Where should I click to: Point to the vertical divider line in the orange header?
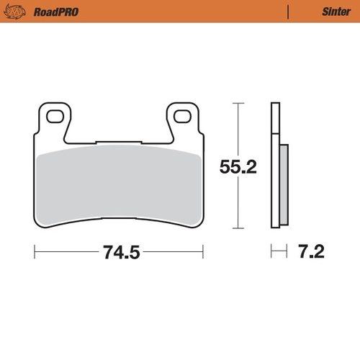point(288,12)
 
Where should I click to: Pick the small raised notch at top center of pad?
point(120,141)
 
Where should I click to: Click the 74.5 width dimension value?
point(119,253)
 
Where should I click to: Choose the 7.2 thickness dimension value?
point(312,253)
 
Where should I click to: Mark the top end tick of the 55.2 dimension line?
point(237,104)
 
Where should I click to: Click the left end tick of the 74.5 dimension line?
point(35,253)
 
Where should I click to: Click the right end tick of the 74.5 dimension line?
point(204,253)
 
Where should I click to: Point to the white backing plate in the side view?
point(274,166)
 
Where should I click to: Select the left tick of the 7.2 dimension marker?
point(271,253)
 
